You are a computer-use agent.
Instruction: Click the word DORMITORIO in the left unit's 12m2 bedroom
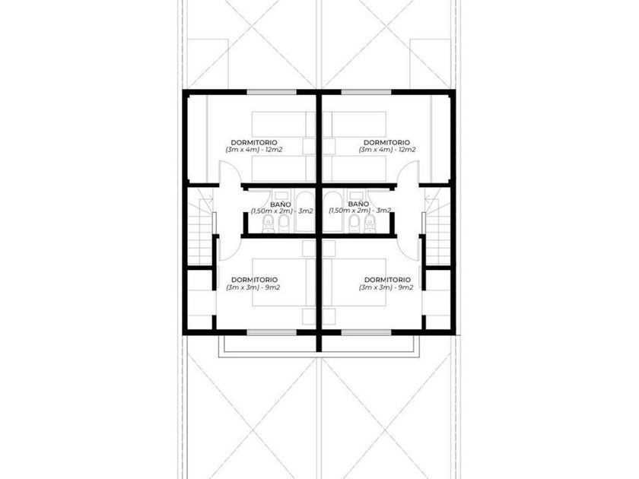pyautogui.click(x=254, y=143)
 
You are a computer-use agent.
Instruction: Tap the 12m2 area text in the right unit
pyautogui.click(x=407, y=150)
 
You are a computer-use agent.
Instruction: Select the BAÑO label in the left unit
pyautogui.click(x=281, y=204)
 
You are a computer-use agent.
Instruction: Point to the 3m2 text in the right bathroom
pyautogui.click(x=383, y=211)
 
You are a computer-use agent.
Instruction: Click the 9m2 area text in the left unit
pyautogui.click(x=272, y=287)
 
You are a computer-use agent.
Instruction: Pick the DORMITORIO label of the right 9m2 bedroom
pyautogui.click(x=387, y=280)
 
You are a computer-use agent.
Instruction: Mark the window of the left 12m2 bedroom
pyautogui.click(x=272, y=92)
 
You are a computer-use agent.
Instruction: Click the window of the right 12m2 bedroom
pyautogui.click(x=367, y=92)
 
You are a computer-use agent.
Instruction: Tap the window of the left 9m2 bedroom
pyautogui.click(x=272, y=332)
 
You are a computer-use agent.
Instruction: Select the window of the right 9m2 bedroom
pyautogui.click(x=367, y=332)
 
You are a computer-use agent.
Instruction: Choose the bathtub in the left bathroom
pyautogui.click(x=305, y=212)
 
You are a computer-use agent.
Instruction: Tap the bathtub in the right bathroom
pyautogui.click(x=332, y=212)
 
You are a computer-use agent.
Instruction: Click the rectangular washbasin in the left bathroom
pyautogui.click(x=281, y=195)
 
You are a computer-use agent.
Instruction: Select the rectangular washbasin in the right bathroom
pyautogui.click(x=356, y=195)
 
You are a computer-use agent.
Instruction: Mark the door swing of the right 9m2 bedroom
pyautogui.click(x=408, y=249)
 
